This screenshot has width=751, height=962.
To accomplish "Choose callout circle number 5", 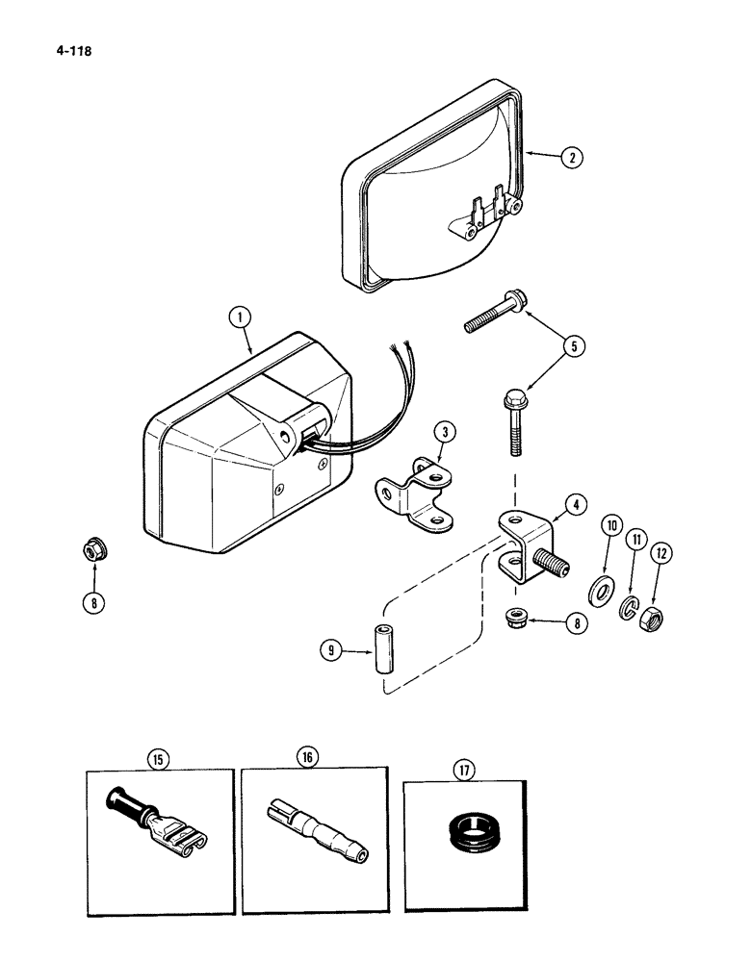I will tap(575, 344).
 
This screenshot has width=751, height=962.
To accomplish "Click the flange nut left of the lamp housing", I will tap(93, 551).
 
